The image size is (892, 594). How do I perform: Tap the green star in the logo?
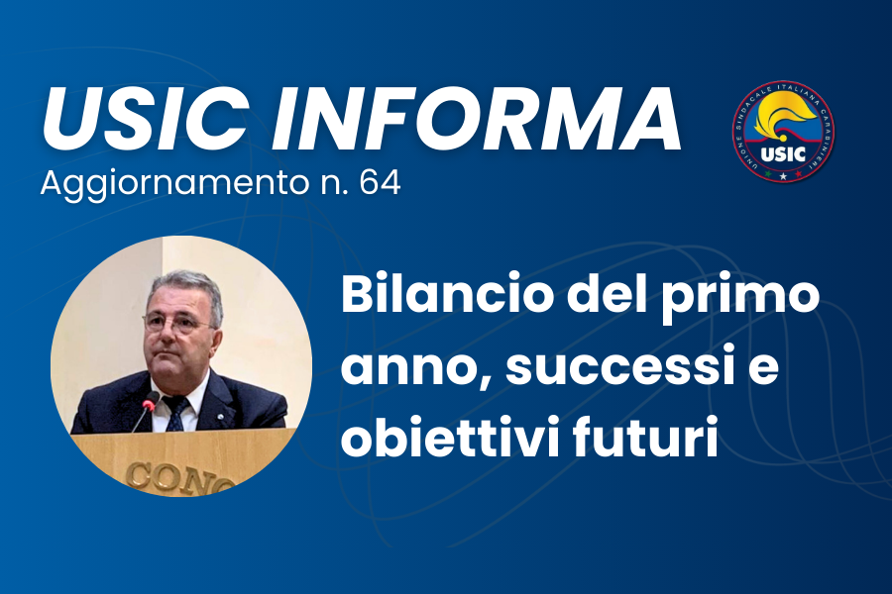point(768,175)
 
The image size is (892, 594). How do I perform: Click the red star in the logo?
point(797,175)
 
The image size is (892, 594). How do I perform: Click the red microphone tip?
point(150,400)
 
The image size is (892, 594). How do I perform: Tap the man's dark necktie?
point(176,415)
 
